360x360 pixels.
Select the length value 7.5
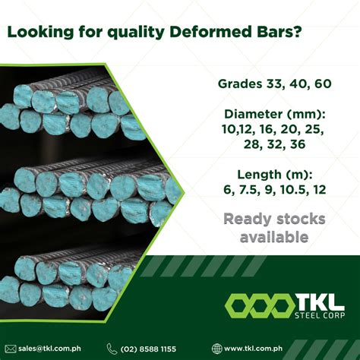tap(257, 190)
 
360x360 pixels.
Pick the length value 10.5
tap(296, 190)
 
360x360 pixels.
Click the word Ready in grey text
tap(253, 219)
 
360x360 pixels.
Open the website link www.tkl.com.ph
tap(256, 348)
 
